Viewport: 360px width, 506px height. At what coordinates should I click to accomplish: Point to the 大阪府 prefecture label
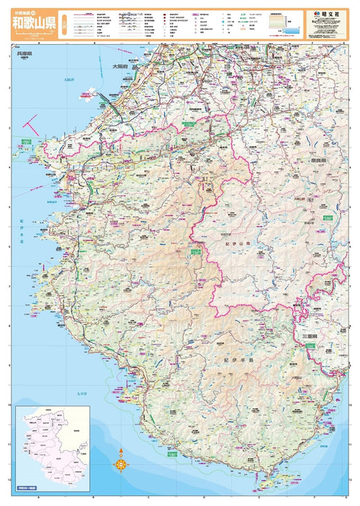[120, 66]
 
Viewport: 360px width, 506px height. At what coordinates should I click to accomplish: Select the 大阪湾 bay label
[69, 80]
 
